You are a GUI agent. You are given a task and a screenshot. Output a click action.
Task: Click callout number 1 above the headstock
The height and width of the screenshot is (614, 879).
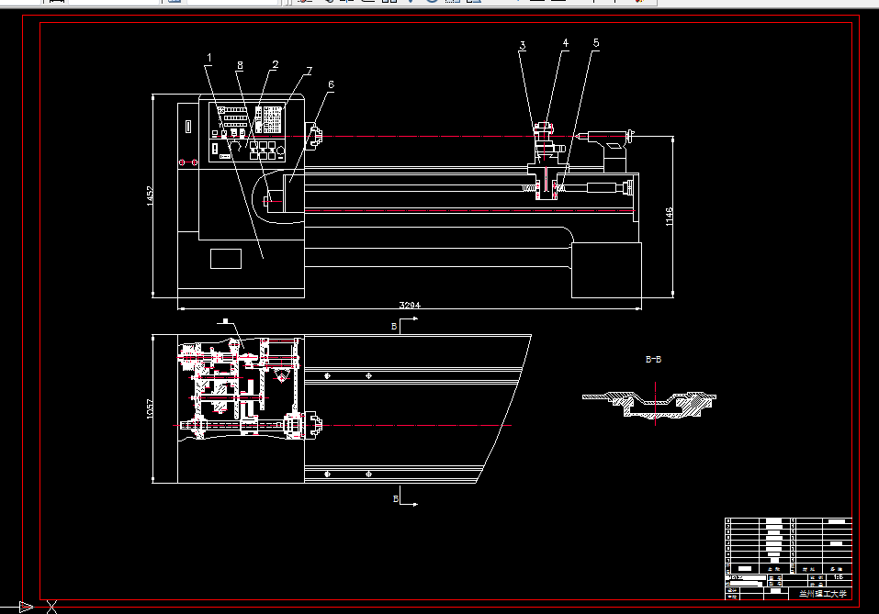point(208,59)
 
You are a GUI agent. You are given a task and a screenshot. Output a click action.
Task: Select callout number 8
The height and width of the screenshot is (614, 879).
point(240,65)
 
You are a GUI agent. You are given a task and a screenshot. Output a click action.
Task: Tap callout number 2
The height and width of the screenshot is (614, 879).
point(275,65)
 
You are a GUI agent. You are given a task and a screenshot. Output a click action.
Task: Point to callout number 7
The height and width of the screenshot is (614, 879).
point(310,71)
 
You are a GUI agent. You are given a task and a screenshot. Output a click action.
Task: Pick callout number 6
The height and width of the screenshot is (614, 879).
point(331,84)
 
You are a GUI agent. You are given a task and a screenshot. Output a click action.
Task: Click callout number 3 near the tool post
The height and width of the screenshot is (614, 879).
point(522,45)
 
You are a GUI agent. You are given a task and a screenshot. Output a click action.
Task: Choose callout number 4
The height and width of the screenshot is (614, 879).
point(565,43)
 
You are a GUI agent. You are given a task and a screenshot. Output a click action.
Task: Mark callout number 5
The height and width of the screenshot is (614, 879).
point(595,43)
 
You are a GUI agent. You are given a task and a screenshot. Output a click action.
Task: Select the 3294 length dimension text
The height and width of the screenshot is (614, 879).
point(410,304)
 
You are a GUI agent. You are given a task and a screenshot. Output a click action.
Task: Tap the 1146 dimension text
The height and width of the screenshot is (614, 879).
point(670,217)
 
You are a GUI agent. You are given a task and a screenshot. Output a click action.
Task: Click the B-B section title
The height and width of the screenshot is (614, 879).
point(652,360)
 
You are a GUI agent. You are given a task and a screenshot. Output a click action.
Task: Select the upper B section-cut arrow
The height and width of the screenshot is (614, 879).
point(407,321)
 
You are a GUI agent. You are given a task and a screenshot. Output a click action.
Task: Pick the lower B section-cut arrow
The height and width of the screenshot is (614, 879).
point(407,501)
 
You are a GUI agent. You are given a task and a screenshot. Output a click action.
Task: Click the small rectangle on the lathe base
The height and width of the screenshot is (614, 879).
point(225,258)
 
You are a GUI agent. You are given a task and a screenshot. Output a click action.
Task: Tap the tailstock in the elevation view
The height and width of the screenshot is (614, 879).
point(607,147)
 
